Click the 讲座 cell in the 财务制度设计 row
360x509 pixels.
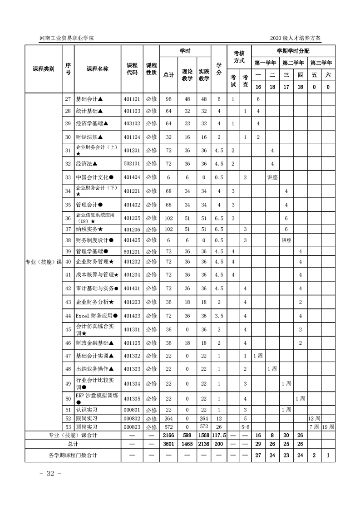click(x=286, y=240)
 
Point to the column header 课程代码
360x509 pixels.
click(x=132, y=69)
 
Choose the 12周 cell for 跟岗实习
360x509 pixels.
click(x=314, y=418)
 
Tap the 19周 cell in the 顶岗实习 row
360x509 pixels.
click(x=328, y=426)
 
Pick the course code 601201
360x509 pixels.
click(x=132, y=251)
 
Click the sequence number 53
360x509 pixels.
click(x=68, y=426)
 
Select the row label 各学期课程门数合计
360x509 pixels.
click(x=73, y=455)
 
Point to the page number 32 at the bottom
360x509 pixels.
click(x=47, y=474)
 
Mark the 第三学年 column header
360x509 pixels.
click(x=321, y=63)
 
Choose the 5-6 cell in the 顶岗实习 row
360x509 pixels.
click(x=245, y=426)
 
